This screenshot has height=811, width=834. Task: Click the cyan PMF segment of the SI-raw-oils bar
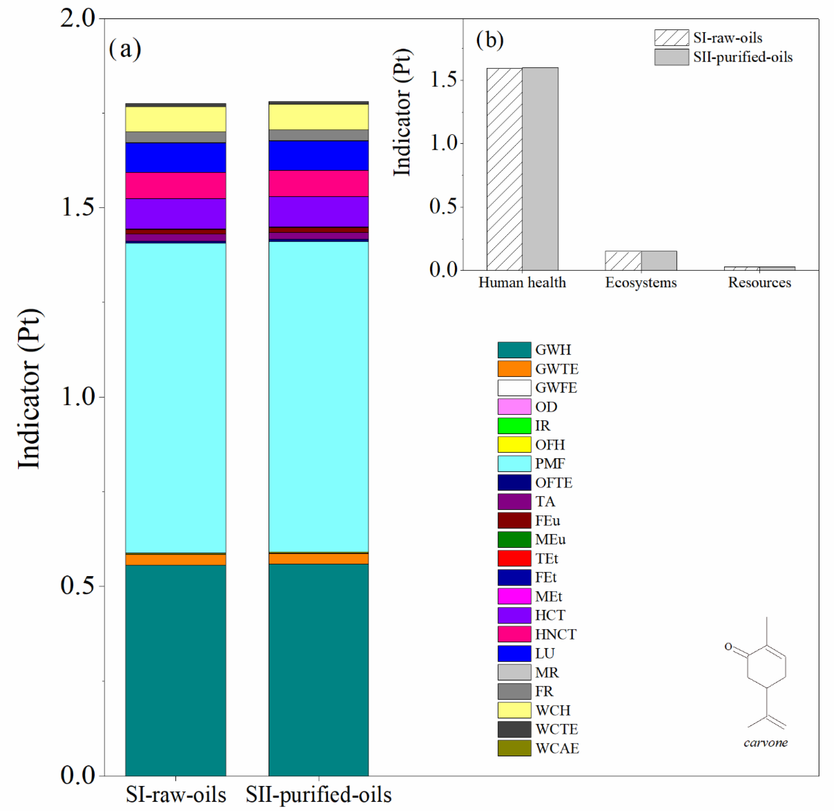point(176,398)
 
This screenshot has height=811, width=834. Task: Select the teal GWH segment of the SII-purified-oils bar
point(318,669)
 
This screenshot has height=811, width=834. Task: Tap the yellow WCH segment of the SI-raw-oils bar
point(176,119)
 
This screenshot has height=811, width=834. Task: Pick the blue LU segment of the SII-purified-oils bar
point(318,155)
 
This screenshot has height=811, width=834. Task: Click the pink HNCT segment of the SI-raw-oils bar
point(176,185)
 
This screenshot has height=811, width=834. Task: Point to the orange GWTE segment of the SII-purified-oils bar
point(318,558)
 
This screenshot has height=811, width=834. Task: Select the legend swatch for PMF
point(514,463)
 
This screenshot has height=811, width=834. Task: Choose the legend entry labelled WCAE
point(557,748)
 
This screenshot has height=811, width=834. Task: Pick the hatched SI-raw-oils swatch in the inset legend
point(672,38)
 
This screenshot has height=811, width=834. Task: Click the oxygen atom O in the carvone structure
point(728,647)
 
